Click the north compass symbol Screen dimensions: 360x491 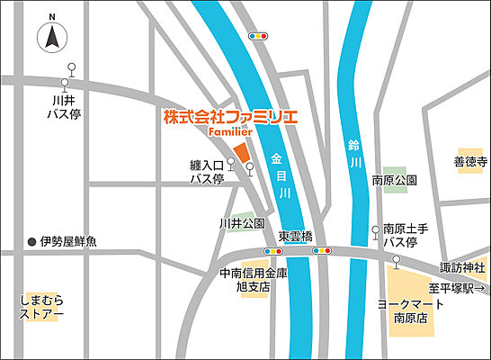(x=52, y=38)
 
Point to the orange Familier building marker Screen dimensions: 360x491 (x=241, y=152)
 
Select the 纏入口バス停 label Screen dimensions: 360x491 (x=205, y=173)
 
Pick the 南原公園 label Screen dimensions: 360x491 (x=394, y=181)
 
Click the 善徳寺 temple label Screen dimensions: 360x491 (x=469, y=163)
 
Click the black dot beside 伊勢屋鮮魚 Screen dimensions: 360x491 (x=31, y=241)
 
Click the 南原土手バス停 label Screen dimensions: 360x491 (x=401, y=236)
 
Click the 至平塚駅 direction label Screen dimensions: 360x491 (x=458, y=288)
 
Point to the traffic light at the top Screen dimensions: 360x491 (x=260, y=36)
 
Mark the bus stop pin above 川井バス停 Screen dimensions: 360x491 (x=72, y=68)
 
